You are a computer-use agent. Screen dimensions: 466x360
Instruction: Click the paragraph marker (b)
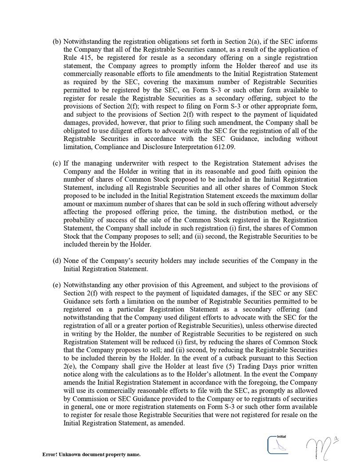(57, 42)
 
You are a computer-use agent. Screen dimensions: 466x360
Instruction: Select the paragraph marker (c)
(57, 164)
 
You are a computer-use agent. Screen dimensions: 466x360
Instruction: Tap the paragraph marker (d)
(57, 261)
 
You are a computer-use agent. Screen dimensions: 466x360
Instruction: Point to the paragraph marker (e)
(57, 285)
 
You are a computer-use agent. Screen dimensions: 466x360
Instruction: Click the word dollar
(307, 196)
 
